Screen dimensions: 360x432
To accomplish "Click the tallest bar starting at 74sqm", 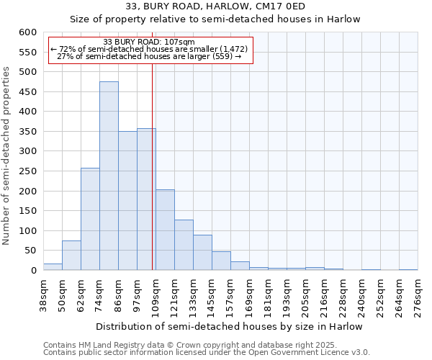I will tap(109, 176).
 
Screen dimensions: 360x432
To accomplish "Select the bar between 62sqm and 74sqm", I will tap(90, 220).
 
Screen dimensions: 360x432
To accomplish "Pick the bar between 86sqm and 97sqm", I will tap(127, 201).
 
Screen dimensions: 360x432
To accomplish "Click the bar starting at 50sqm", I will tap(71, 256).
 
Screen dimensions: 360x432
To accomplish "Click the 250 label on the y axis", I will tap(27, 171).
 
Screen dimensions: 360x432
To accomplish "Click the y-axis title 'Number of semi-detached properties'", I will tap(7, 156).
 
